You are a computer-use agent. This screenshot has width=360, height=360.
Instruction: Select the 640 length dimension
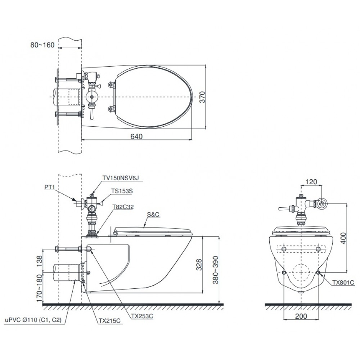point(137,136)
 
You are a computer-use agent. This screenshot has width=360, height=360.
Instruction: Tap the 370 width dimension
point(203,98)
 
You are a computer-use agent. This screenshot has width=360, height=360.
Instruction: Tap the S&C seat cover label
point(153,215)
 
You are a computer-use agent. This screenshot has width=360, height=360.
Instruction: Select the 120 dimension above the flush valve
point(311,182)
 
